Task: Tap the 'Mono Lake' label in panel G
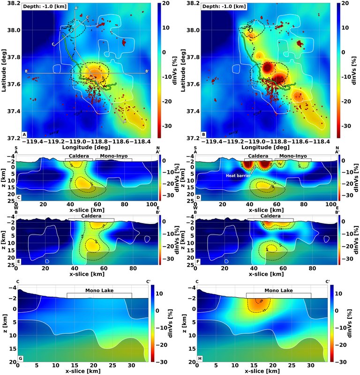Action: click(x=99, y=290)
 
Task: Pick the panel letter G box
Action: click(x=20, y=359)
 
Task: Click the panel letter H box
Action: click(x=199, y=359)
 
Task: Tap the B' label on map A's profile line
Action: click(x=147, y=71)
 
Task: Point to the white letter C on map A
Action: click(x=53, y=45)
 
